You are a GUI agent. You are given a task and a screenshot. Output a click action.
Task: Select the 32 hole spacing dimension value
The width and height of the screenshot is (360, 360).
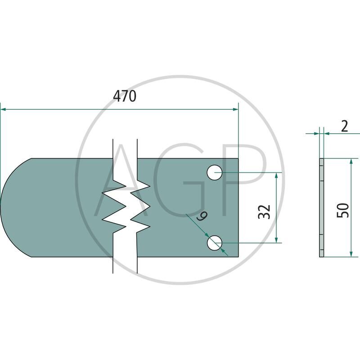point(265,211)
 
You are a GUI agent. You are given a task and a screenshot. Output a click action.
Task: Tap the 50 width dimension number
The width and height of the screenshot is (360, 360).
point(343,210)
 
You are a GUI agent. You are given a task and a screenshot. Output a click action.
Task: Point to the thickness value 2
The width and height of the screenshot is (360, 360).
point(344,126)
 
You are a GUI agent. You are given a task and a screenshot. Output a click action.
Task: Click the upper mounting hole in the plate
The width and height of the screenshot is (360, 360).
point(214,172)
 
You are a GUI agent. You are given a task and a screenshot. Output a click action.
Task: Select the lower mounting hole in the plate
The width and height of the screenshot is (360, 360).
point(214,243)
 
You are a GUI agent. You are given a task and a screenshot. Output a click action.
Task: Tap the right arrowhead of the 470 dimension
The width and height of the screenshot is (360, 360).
point(234,109)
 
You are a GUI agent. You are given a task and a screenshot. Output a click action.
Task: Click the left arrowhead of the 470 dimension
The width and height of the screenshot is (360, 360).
point(4,109)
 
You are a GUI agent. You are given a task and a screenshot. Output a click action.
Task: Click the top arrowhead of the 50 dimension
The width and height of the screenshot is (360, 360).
point(351,162)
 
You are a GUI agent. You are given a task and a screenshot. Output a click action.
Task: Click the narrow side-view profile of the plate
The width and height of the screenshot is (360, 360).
point(321,207)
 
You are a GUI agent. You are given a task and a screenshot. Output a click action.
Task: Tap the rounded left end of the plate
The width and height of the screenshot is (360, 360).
point(13,207)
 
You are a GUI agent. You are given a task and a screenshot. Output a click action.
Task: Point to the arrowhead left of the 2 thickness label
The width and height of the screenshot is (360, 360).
point(316,133)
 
